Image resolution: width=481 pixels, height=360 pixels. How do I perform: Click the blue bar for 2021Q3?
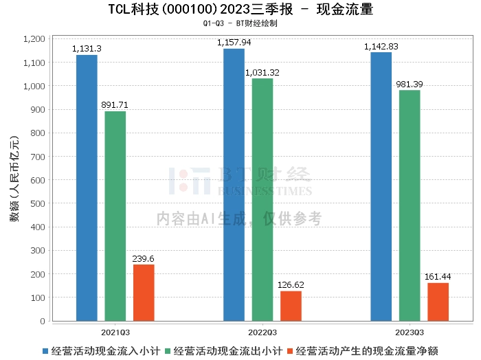(x=87, y=188)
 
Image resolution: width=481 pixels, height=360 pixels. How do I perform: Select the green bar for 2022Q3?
(x=262, y=199)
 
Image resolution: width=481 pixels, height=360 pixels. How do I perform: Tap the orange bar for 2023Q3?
(x=438, y=302)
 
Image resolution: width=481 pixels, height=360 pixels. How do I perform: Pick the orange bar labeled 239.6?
(x=144, y=293)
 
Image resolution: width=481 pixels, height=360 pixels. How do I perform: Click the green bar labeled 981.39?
(x=409, y=205)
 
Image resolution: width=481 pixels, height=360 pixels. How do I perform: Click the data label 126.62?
(x=291, y=284)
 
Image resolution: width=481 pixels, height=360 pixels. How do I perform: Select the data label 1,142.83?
(x=381, y=46)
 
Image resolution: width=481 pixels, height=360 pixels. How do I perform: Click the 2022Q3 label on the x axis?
(x=263, y=330)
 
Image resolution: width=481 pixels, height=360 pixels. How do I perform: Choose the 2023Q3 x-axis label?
(x=410, y=330)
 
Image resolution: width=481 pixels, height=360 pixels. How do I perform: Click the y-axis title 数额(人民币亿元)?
(x=14, y=181)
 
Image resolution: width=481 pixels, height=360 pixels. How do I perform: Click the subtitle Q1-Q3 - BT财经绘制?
(x=240, y=23)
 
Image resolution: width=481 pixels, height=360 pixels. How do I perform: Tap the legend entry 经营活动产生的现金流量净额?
(x=363, y=350)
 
